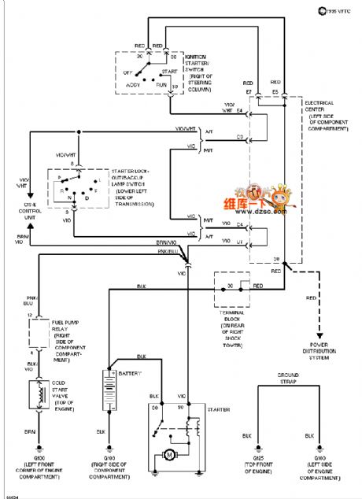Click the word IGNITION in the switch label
(197, 57)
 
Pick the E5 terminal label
(275, 92)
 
